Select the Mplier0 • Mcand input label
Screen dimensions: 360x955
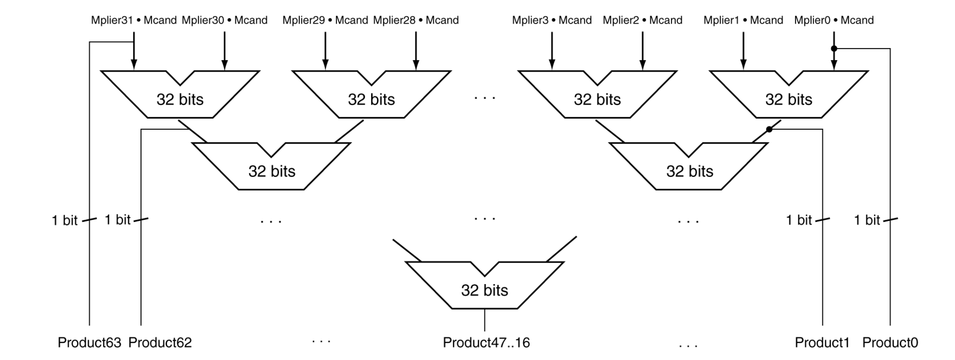click(834, 20)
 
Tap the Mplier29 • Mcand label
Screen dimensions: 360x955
click(325, 20)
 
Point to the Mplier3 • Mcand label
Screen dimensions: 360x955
click(552, 20)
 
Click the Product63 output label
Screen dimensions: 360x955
click(89, 342)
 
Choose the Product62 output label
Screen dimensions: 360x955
click(160, 342)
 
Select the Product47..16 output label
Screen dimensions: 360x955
click(486, 342)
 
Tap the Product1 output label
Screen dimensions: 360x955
click(822, 342)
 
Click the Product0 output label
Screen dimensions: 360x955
click(890, 342)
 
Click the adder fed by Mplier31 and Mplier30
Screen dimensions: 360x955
click(180, 99)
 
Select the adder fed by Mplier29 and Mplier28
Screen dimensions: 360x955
click(371, 99)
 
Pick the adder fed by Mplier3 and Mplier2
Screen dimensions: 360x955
click(597, 99)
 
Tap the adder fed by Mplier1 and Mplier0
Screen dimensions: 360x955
click(789, 99)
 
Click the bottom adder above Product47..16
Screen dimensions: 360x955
click(484, 290)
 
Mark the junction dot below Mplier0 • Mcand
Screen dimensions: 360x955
click(834, 48)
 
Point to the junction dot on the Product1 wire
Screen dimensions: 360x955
click(769, 129)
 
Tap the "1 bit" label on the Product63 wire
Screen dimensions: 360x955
click(65, 220)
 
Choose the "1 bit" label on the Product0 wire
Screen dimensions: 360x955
click(867, 220)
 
